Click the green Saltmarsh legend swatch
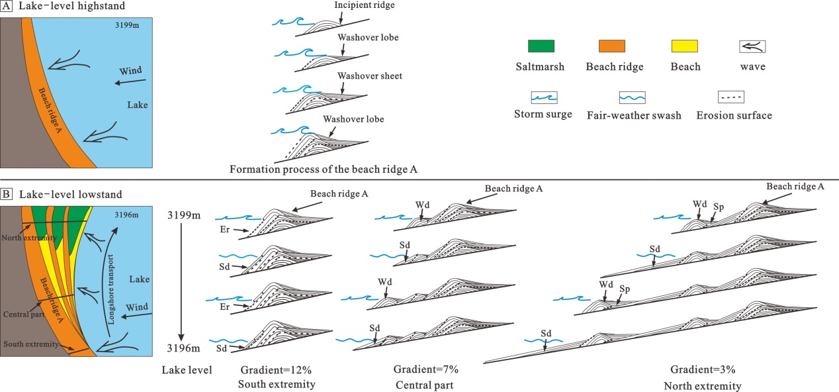tap(541, 46)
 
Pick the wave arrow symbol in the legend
tap(752, 46)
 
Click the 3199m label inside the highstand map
tap(125, 28)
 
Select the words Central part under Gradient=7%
tap(425, 384)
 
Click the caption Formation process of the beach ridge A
tap(324, 169)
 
